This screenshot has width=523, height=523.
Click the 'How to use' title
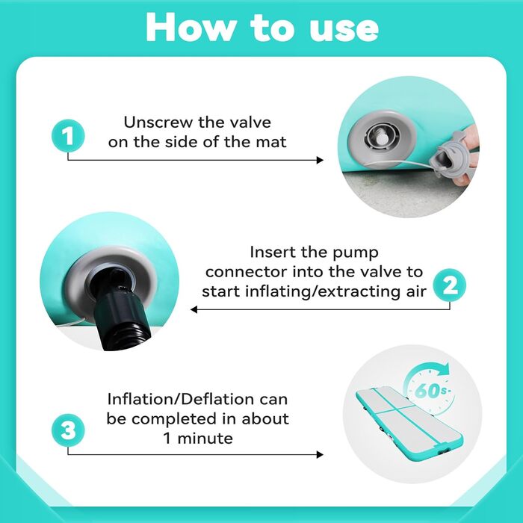coord(262,28)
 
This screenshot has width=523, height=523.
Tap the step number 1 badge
coord(68,136)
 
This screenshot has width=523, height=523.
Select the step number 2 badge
coord(450,285)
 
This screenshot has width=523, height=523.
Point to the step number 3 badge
coord(68,430)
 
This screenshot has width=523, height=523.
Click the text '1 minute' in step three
coord(198,439)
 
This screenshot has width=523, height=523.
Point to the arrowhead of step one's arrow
coord(320,160)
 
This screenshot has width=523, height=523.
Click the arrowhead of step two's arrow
coord(194,309)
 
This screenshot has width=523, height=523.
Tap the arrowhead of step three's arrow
coord(320,454)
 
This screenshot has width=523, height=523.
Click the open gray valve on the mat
coord(382,137)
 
